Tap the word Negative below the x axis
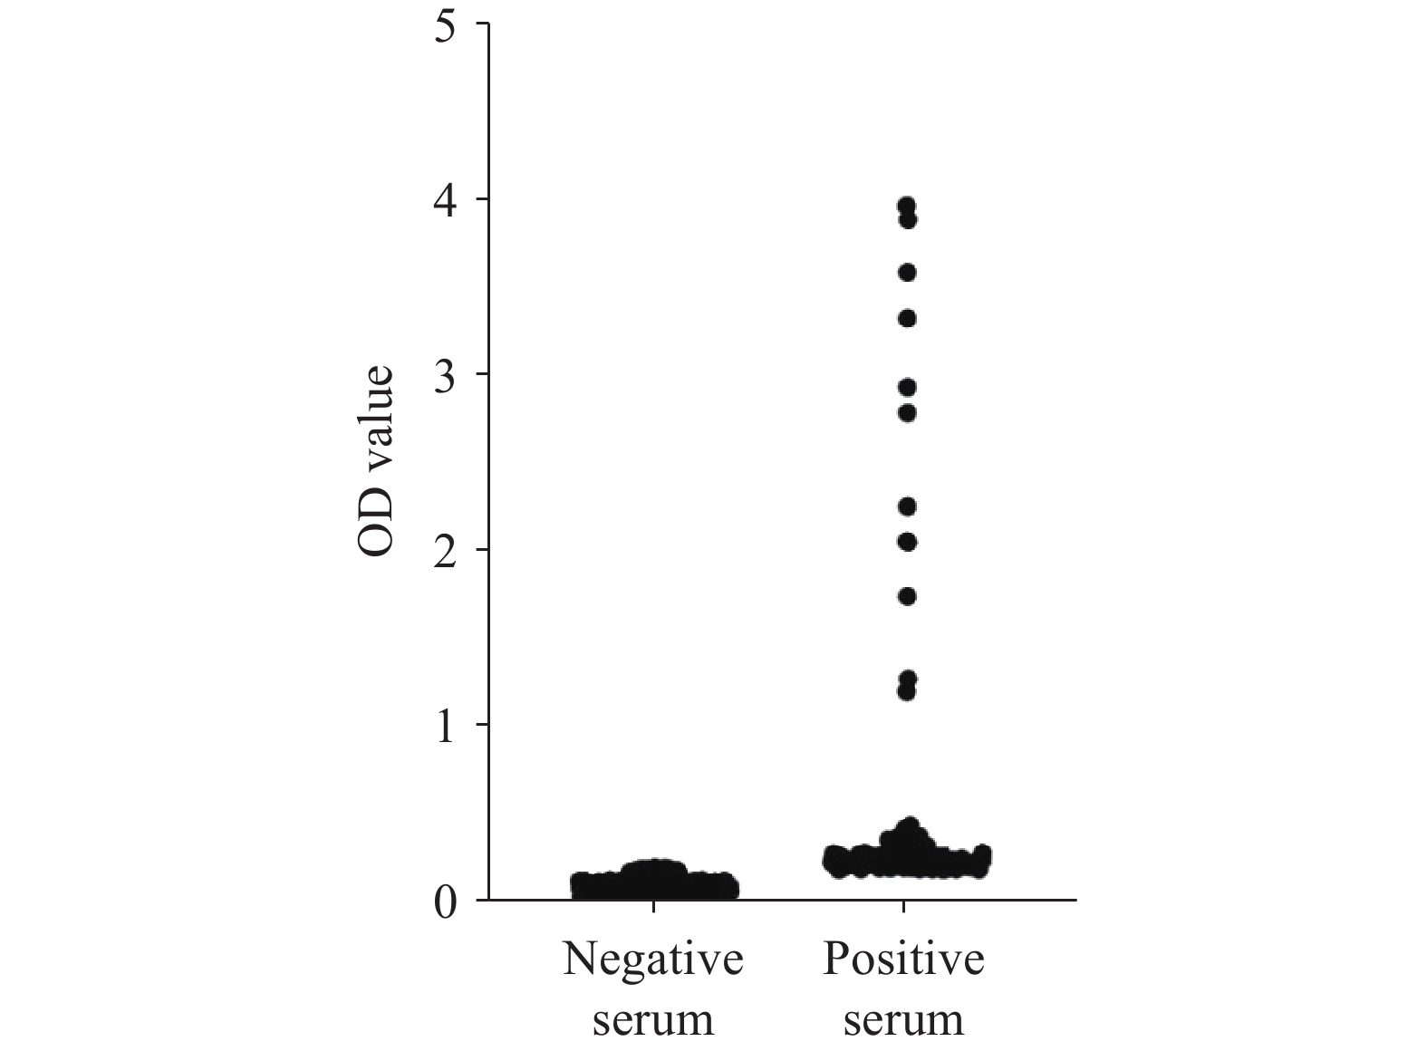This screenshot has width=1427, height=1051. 652,959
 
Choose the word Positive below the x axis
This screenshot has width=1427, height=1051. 903,959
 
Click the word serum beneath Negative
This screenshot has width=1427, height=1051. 652,1021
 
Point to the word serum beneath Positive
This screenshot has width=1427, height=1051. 903,1021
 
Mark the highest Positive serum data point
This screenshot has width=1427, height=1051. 905,205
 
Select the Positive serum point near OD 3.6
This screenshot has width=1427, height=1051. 906,273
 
